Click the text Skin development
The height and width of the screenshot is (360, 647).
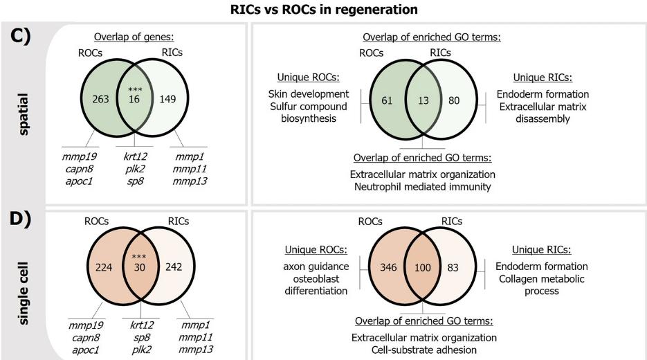(308, 93)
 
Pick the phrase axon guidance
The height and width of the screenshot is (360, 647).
(315, 266)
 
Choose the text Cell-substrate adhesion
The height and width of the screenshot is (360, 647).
(424, 350)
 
